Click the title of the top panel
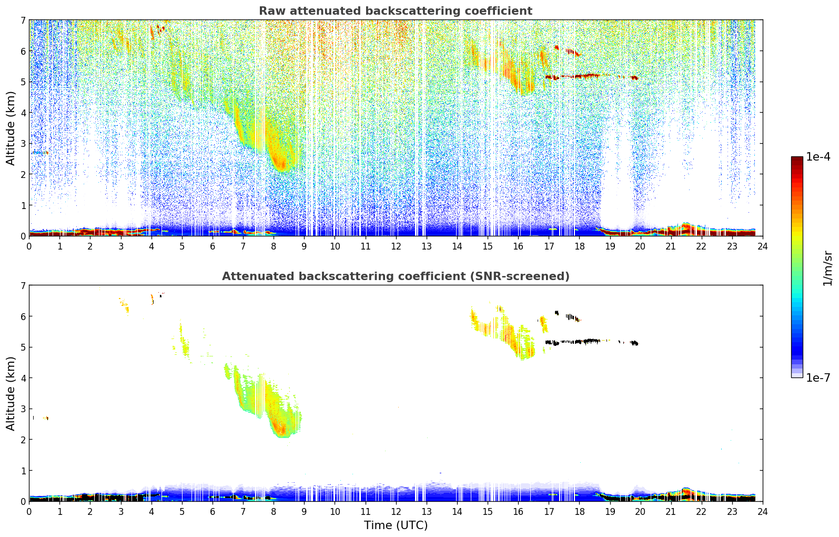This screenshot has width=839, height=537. [396, 11]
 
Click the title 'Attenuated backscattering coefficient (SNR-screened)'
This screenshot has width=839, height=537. [396, 276]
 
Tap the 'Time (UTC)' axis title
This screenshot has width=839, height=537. [396, 525]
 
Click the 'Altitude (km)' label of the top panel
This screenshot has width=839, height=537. [11, 128]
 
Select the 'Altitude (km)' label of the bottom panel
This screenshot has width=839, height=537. [11, 393]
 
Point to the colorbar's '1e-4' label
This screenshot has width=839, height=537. [818, 157]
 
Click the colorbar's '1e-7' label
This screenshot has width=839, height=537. [818, 377]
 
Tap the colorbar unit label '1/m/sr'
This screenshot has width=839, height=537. [827, 268]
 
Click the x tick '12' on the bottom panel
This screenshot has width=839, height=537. [396, 512]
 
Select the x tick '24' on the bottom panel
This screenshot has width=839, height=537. [763, 512]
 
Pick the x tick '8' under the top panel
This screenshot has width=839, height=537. [274, 246]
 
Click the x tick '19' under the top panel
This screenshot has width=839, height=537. [610, 246]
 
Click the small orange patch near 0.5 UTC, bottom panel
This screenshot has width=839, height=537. [46, 418]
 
